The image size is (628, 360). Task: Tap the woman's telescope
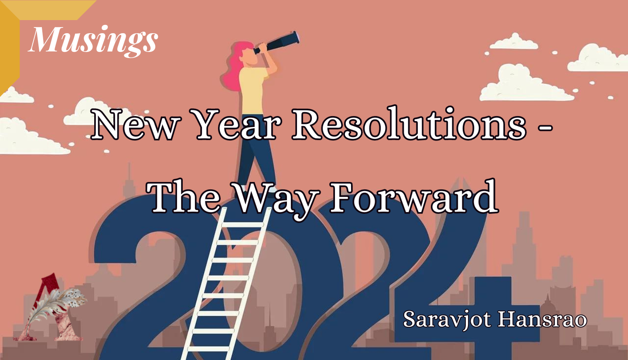(x=279, y=42)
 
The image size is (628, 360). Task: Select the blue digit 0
(x=314, y=288)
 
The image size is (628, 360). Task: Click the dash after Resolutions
(x=545, y=127)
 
